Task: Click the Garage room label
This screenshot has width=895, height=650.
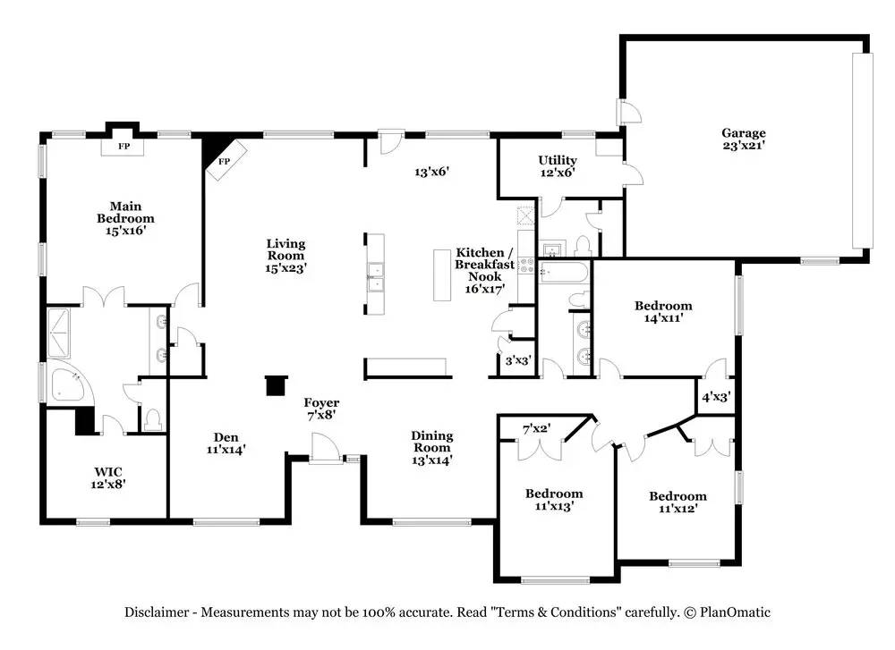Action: (743, 139)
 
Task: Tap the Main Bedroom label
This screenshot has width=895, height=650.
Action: (125, 218)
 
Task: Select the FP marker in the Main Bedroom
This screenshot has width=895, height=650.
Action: (124, 146)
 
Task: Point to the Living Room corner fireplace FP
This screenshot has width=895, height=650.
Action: (225, 161)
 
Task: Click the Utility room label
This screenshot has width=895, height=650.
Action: (558, 166)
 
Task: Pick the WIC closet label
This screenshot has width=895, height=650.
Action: (108, 477)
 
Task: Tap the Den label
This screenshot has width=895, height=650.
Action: (226, 443)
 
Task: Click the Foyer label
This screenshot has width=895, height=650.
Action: (321, 409)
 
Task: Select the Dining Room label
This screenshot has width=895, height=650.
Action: (432, 448)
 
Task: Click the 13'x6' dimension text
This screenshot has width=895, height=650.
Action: (432, 171)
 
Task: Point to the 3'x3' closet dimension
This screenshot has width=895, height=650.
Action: (518, 360)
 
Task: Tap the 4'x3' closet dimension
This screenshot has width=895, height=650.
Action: (716, 396)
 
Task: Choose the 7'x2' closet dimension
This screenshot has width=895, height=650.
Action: (536, 427)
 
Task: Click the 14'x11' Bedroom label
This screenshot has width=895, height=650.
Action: (663, 311)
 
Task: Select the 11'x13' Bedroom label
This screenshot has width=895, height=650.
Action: (554, 500)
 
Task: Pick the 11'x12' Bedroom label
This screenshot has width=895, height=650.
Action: (678, 502)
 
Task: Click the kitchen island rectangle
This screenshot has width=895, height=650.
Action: (442, 274)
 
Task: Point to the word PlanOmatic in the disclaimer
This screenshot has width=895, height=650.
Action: (735, 612)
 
